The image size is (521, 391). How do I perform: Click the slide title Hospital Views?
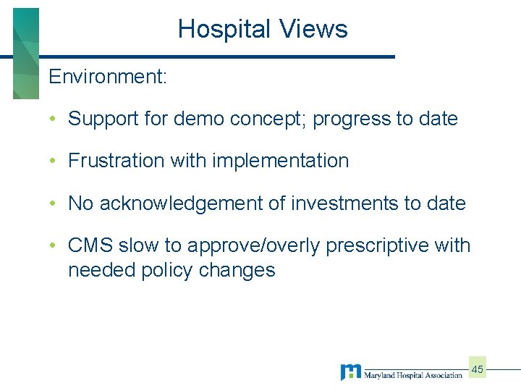(263, 29)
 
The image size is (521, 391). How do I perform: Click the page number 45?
(478, 369)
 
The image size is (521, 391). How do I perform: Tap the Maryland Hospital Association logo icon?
(351, 372)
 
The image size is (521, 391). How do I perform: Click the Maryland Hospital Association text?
(413, 375)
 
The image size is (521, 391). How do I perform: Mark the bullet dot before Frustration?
(54, 161)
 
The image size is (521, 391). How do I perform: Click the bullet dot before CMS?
(54, 246)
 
